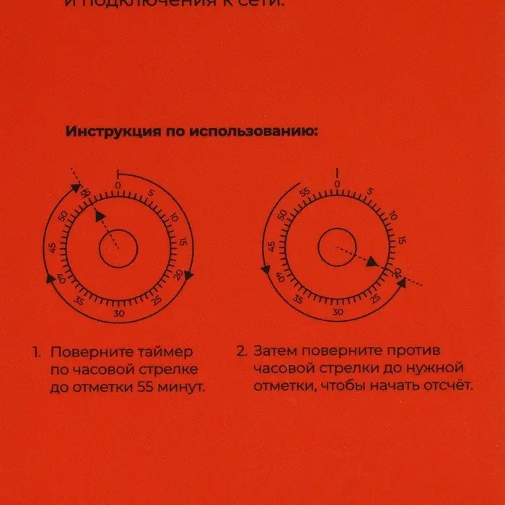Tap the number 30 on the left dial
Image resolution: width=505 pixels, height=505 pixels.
(119, 313)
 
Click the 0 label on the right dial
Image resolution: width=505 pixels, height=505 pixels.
(337, 185)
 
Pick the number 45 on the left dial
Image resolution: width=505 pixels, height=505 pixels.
(52, 248)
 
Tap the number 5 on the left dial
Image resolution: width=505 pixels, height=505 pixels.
(151, 193)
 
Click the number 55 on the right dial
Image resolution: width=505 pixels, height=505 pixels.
(305, 193)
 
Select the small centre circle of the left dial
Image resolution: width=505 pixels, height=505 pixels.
(118, 249)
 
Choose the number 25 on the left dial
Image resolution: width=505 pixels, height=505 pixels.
(156, 301)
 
